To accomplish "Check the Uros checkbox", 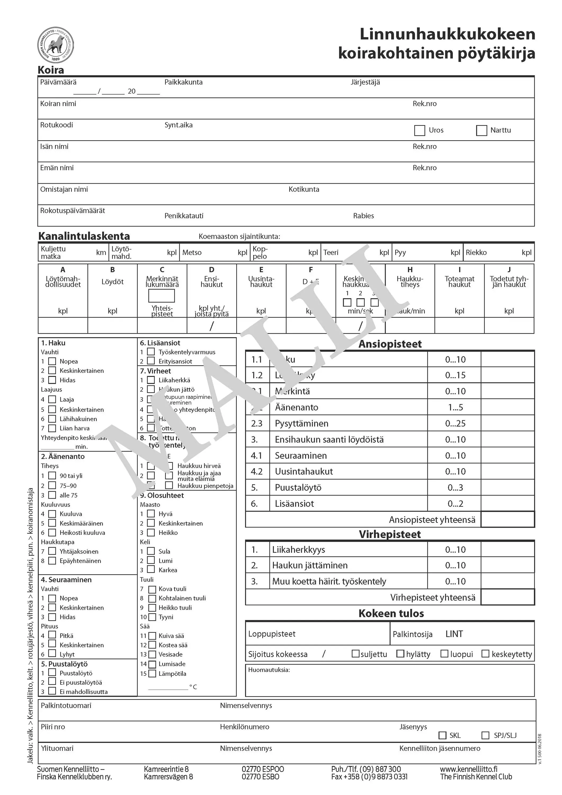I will pyautogui.click(x=420, y=131).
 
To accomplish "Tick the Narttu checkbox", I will pyautogui.click(x=481, y=131).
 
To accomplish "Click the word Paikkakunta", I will pyautogui.click(x=184, y=82).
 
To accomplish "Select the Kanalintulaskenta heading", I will pyautogui.click(x=84, y=236).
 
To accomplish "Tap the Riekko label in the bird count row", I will pyautogui.click(x=476, y=253).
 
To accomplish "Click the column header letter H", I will pyautogui.click(x=410, y=270).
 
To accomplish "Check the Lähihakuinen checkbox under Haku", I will pyautogui.click(x=52, y=419).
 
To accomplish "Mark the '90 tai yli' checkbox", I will pyautogui.click(x=52, y=475).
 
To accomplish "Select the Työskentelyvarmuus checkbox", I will pyautogui.click(x=151, y=352).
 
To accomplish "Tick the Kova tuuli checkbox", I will pyautogui.click(x=152, y=589).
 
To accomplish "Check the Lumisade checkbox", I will pyautogui.click(x=152, y=664).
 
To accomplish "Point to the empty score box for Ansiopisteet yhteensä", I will pyautogui.click(x=507, y=520).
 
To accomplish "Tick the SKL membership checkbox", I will pyautogui.click(x=442, y=735).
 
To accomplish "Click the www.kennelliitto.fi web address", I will pyautogui.click(x=469, y=769).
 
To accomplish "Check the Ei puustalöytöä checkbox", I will pyautogui.click(x=52, y=681).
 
